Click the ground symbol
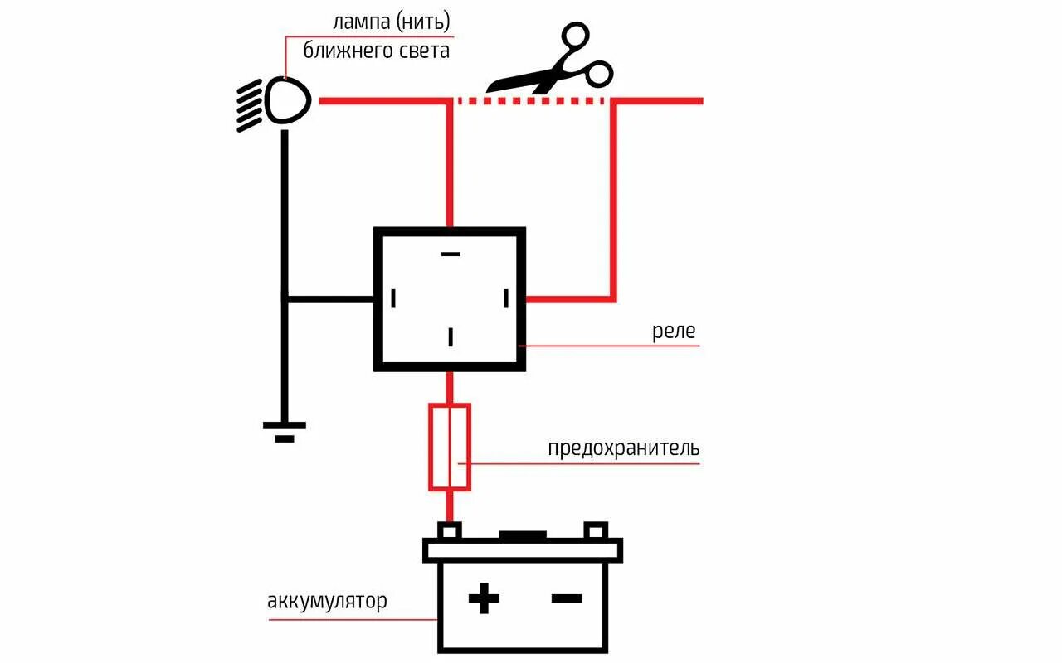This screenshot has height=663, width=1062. coord(285,431)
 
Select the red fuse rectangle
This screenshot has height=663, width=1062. coord(450,447)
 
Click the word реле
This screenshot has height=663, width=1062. coord(673,332)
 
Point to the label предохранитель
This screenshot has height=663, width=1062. coord(623,449)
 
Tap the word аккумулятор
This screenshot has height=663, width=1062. coord(327,601)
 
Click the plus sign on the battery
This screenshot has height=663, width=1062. coord(484,598)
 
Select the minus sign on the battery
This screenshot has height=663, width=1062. coord(566,598)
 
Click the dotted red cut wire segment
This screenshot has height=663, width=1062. coord(531,101)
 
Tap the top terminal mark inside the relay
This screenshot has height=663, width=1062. coord(451,254)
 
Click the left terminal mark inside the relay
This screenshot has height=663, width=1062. coord(394,298)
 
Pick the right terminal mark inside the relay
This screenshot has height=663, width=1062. coord(506,298)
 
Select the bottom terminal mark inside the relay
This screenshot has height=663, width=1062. coord(451,336)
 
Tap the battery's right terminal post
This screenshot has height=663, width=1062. coord(596,530)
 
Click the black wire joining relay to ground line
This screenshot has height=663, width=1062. coord(329,298)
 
